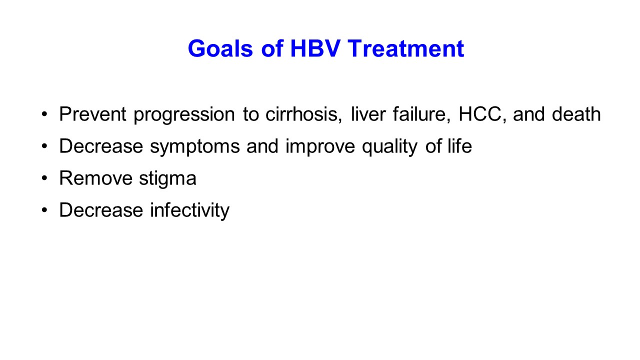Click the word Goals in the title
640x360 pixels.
pyautogui.click(x=220, y=48)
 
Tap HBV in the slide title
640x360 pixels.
pyautogui.click(x=315, y=48)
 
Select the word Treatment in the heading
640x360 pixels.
pyautogui.click(x=406, y=48)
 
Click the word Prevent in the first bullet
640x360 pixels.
pyautogui.click(x=92, y=114)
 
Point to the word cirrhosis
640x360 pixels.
pyautogui.click(x=303, y=114)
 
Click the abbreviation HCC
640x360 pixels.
pyautogui.click(x=480, y=114)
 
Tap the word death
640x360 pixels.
pyautogui.click(x=576, y=114)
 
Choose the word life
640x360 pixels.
pyautogui.click(x=459, y=145)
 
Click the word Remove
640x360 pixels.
pyautogui.click(x=95, y=178)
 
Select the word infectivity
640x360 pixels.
pyautogui.click(x=189, y=210)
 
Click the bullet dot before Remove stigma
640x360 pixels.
pyautogui.click(x=44, y=178)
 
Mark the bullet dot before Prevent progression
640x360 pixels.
pyautogui.click(x=44, y=114)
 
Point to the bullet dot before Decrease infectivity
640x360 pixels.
pyautogui.click(x=44, y=210)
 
